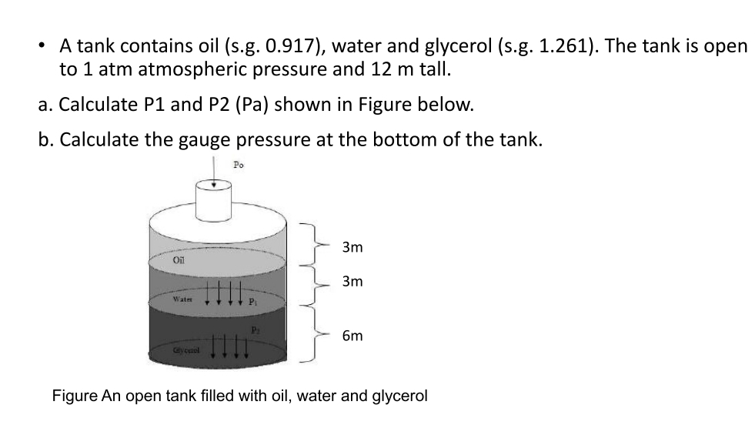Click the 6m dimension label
[352, 336]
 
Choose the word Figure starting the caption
[75, 396]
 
